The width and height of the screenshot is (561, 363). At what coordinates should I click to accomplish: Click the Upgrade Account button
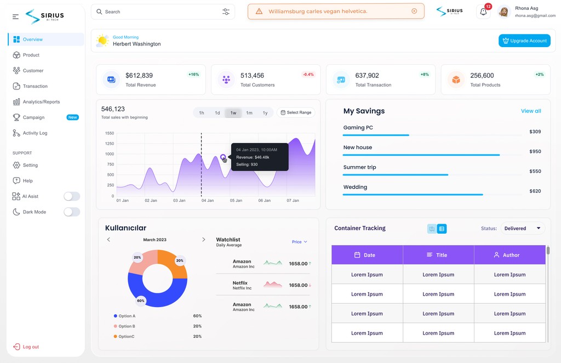524,41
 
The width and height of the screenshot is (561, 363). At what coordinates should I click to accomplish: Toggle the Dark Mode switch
72,212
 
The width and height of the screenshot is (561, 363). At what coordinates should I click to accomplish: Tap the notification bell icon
483,12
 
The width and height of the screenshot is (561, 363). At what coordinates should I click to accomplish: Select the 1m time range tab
249,113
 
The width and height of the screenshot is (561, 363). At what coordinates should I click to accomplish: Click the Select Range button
296,112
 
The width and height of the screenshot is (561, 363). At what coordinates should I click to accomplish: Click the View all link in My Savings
531,111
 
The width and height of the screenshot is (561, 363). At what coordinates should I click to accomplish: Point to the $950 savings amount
535,151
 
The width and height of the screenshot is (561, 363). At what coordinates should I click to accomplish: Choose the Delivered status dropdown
522,229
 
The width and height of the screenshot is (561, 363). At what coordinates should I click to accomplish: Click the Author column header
510,255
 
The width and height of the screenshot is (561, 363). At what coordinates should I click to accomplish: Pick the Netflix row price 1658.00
298,285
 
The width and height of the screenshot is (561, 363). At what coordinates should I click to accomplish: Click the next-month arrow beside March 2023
204,240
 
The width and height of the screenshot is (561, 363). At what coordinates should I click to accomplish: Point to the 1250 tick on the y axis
110,144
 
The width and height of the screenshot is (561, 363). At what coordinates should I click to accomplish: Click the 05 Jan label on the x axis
236,201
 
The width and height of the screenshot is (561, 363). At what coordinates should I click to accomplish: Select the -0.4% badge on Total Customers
308,75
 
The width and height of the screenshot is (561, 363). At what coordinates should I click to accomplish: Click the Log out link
26,347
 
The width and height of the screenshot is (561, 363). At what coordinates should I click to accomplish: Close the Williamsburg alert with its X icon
414,11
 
